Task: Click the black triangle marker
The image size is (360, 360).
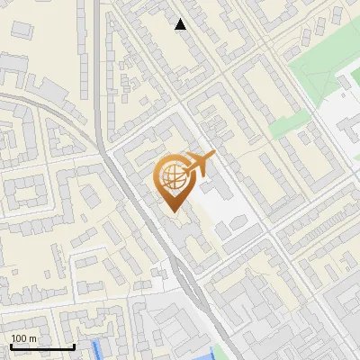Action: [x=181, y=24]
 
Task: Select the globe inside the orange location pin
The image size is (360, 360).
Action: [x=174, y=176]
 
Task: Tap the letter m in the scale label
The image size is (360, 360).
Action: [x=31, y=338]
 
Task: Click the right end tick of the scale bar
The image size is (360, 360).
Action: [x=74, y=346]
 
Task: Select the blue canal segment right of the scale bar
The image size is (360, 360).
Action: [x=98, y=351]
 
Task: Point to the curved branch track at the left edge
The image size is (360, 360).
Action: [x=36, y=103]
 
